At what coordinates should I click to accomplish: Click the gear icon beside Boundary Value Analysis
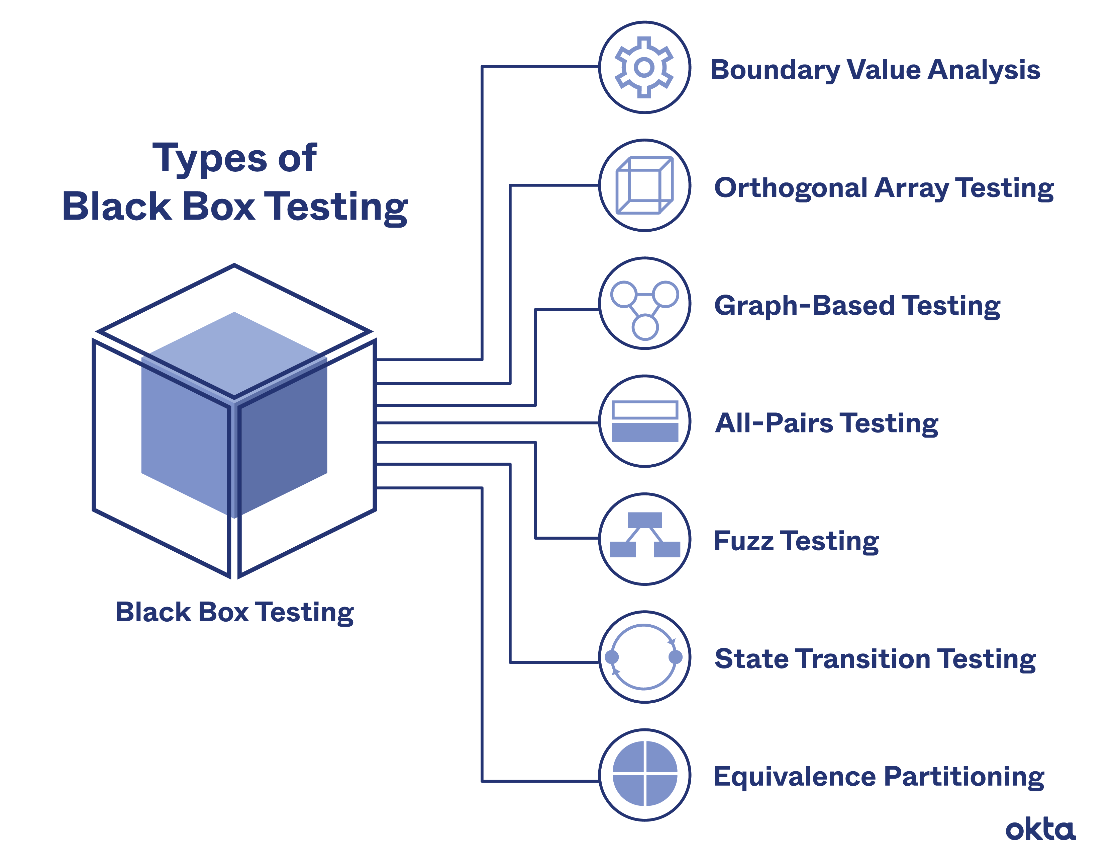coord(644,67)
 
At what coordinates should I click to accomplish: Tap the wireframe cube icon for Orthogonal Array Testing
coord(644,185)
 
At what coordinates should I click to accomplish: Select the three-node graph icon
coord(644,305)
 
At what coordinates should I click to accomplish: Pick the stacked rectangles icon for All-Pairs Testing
coord(644,421)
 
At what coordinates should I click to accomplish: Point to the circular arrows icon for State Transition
coord(644,657)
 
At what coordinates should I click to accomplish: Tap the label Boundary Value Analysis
coord(875,70)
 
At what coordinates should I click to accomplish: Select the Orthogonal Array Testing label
coord(884,188)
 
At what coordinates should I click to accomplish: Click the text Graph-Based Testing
coord(857,306)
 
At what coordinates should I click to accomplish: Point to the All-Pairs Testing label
coord(826,423)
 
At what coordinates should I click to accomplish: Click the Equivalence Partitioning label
coord(878,777)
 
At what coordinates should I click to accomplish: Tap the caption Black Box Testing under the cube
coord(234,612)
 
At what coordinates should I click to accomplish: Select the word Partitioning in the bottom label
coord(964,777)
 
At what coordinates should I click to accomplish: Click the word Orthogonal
coord(790,188)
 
